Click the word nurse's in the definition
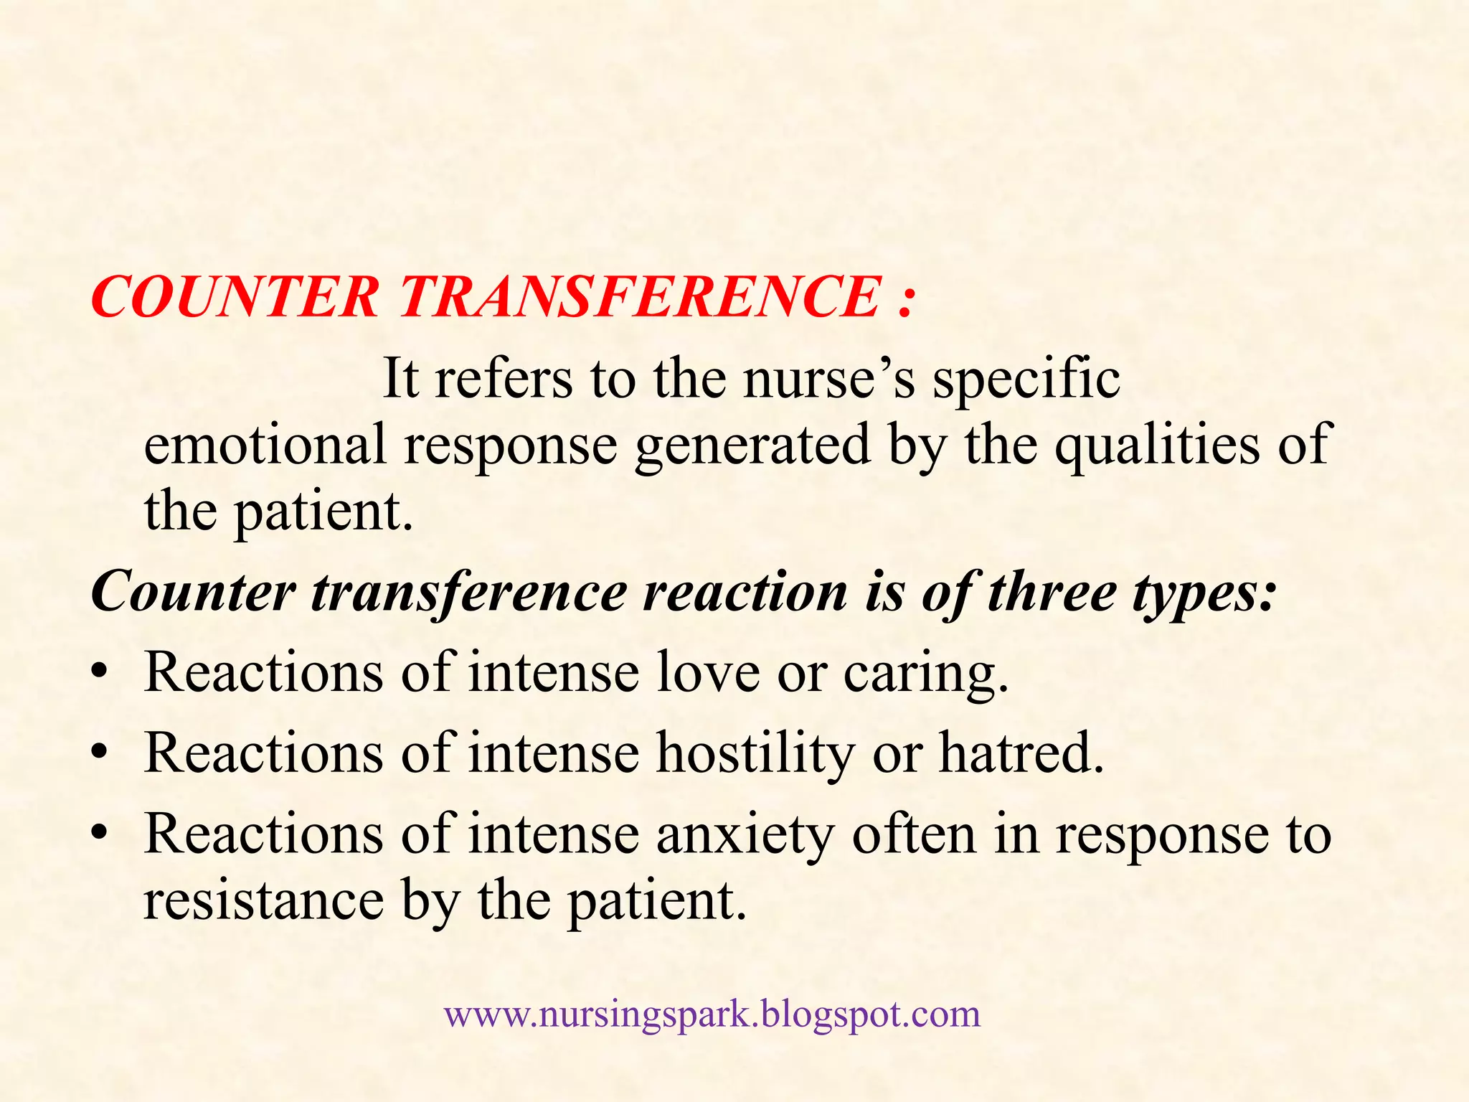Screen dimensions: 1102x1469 click(x=828, y=378)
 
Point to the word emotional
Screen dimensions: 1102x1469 click(x=265, y=444)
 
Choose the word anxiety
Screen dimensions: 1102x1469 click(x=746, y=835)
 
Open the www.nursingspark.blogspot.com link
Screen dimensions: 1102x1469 click(x=712, y=1014)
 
